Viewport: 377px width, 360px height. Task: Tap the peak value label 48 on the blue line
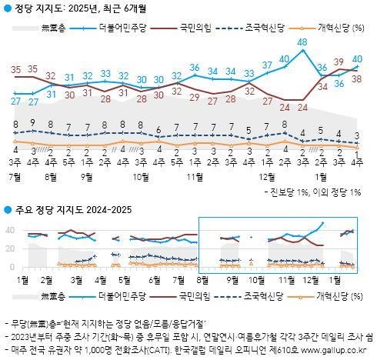(303, 42)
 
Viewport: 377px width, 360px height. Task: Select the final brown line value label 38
(357, 78)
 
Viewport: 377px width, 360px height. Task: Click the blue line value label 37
(268, 65)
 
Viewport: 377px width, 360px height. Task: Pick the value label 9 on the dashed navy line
(32, 122)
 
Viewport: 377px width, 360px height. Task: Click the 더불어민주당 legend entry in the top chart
(115, 28)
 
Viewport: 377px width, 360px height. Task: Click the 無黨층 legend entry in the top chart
(50, 28)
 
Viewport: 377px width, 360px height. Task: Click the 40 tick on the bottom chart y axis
(11, 230)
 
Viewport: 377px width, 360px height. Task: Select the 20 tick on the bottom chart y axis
(11, 248)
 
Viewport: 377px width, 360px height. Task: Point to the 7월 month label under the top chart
(13, 175)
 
